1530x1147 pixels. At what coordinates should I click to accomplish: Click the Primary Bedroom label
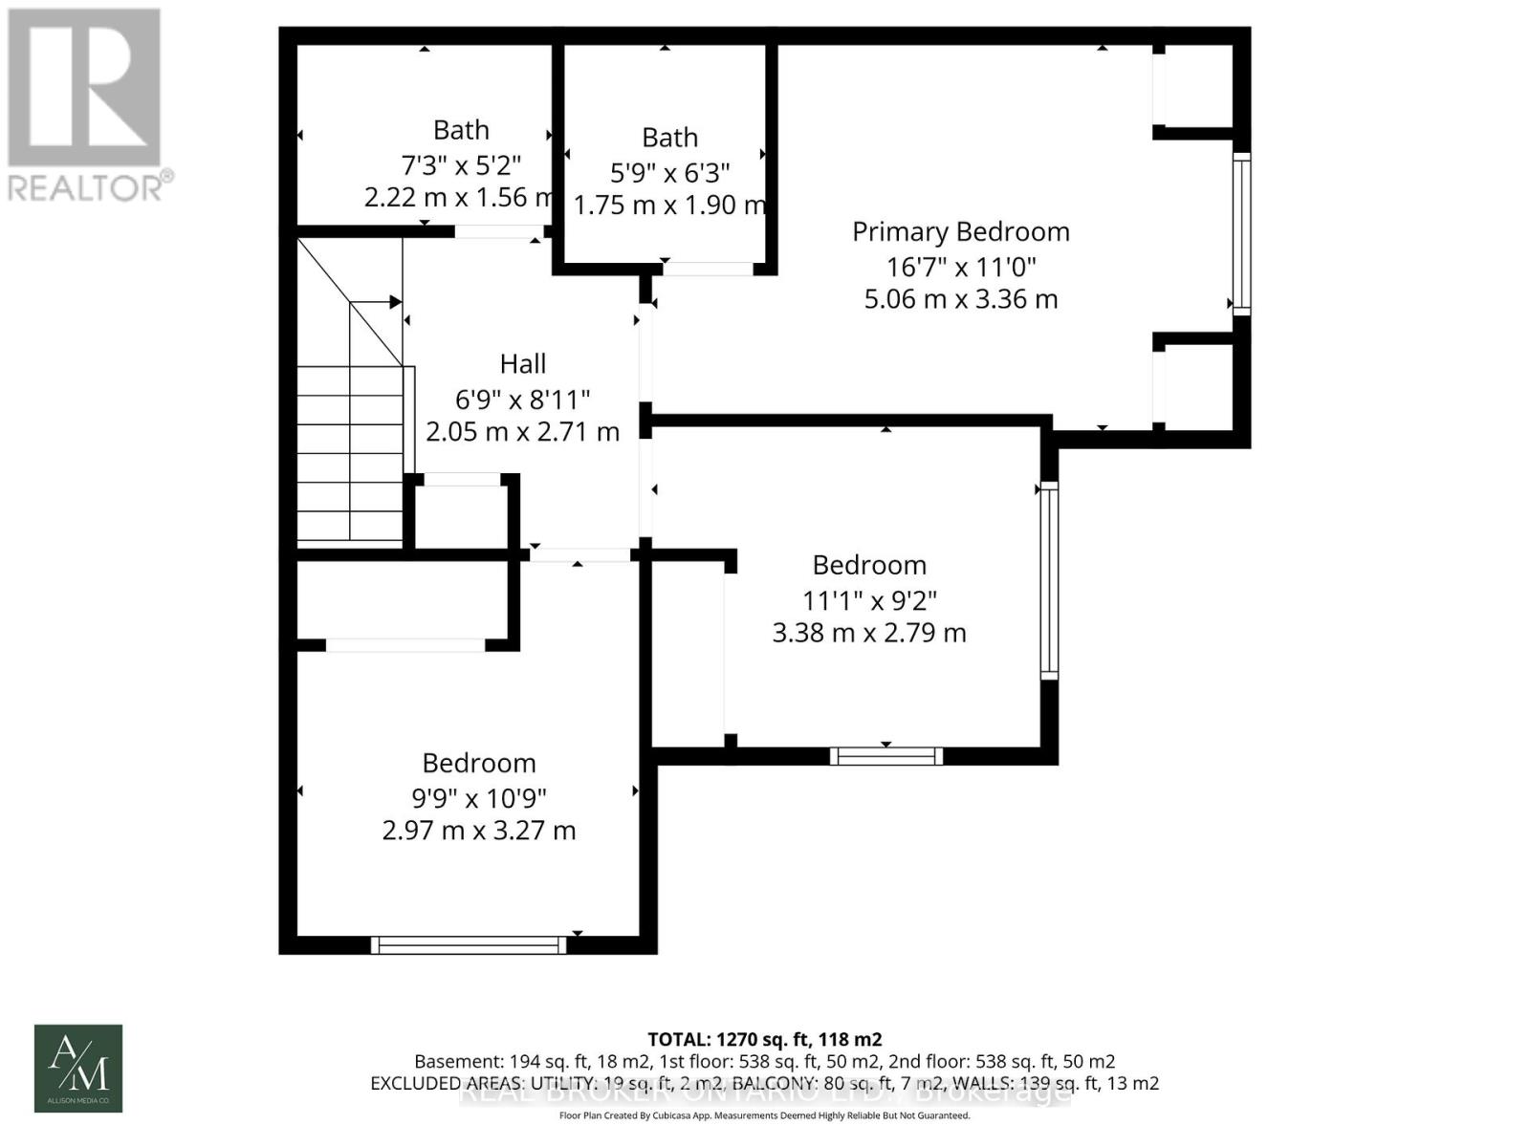coord(960,232)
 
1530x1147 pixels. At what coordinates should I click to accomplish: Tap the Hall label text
coord(522,364)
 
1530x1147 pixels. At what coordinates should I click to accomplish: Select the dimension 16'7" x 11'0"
coord(960,266)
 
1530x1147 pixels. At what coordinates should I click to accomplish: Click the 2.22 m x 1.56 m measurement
coord(457,198)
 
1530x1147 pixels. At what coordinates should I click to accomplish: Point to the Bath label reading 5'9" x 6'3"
coord(669,139)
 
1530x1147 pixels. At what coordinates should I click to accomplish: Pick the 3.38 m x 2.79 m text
coord(868,633)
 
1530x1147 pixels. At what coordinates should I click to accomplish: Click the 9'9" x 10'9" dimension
coord(478,797)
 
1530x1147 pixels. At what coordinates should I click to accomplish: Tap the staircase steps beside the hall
coord(350,454)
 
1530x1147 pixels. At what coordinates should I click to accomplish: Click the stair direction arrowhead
coord(395,302)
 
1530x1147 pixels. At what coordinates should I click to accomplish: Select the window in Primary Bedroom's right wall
coord(1240,234)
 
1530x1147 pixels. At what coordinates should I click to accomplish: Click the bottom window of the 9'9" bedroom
coord(469,944)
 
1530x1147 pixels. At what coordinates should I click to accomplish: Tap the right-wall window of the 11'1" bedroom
coord(1049,580)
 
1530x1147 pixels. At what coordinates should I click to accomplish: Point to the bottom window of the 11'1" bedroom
coord(886,756)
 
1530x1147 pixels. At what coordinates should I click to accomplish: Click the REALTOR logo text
coord(91,186)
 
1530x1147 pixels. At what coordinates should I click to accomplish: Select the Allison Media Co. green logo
coord(78,1068)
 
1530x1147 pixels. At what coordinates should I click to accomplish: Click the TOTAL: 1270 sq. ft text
coord(764,1039)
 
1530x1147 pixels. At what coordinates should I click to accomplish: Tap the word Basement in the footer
coord(454,1061)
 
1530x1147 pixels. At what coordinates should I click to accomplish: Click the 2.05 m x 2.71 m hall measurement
coord(522,432)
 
